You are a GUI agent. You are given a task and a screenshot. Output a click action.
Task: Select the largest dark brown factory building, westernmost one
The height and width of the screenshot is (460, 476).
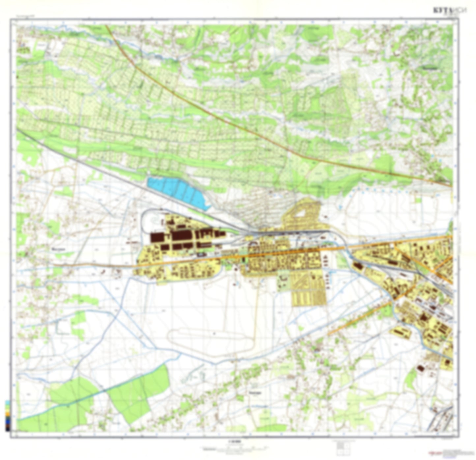157,237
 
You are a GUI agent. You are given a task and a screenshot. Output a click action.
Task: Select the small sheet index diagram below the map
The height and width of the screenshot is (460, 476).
341,446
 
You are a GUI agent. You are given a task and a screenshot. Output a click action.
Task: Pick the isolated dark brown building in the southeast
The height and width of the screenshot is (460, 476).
421,368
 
